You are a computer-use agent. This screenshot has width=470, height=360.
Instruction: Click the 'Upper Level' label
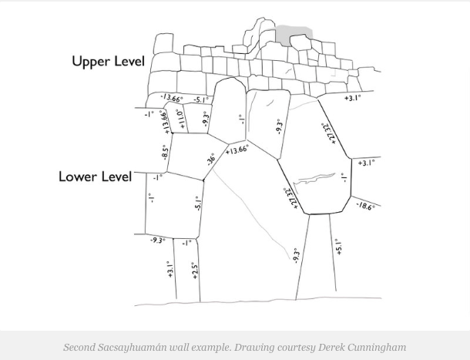pyautogui.click(x=108, y=61)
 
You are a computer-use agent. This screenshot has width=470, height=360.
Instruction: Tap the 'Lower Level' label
pyautogui.click(x=95, y=177)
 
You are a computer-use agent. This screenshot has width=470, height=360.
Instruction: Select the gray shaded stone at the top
pyautogui.click(x=294, y=34)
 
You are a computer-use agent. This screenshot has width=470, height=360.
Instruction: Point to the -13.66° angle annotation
pyautogui.click(x=172, y=99)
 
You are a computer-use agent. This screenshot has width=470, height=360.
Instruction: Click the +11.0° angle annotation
pyautogui.click(x=180, y=119)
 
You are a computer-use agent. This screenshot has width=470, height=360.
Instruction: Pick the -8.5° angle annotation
pyautogui.click(x=164, y=152)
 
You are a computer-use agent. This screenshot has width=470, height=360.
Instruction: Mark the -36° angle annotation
pyautogui.click(x=211, y=160)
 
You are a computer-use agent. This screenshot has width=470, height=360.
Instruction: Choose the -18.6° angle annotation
pyautogui.click(x=364, y=206)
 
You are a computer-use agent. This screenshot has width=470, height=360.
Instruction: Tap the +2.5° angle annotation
pyautogui.click(x=195, y=271)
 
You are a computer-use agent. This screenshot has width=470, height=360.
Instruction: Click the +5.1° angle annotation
pyautogui.click(x=337, y=248)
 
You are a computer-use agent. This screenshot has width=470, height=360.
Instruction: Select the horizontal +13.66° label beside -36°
pyautogui.click(x=237, y=149)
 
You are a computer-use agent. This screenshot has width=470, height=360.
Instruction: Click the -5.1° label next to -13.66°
pyautogui.click(x=200, y=100)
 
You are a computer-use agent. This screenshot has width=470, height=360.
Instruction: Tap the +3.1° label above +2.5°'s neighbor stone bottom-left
pyautogui.click(x=170, y=269)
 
